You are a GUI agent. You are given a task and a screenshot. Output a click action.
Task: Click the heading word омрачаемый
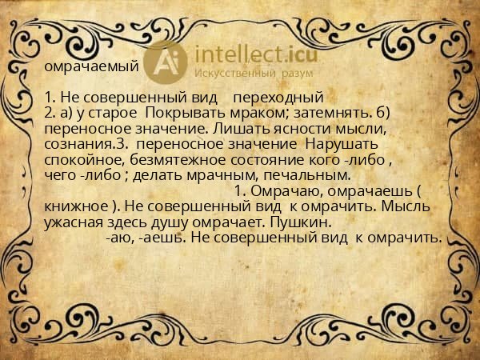(92, 66)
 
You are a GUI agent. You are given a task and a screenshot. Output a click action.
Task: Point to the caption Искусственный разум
(246, 73)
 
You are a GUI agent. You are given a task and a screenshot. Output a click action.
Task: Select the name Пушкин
(302, 221)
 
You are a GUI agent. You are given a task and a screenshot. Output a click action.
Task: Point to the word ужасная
(73, 221)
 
